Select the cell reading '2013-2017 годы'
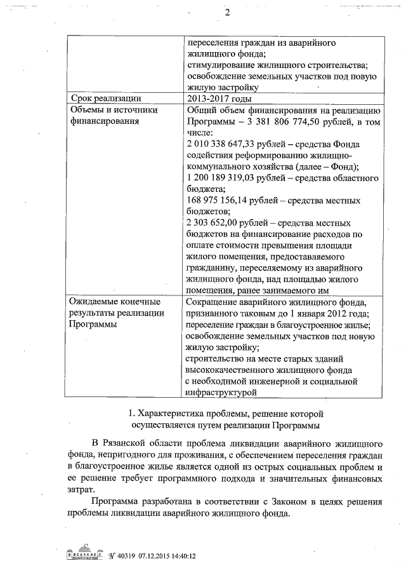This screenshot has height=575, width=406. (219, 98)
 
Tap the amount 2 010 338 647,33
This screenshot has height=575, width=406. (226, 144)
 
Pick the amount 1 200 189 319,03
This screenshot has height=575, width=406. (226, 178)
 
